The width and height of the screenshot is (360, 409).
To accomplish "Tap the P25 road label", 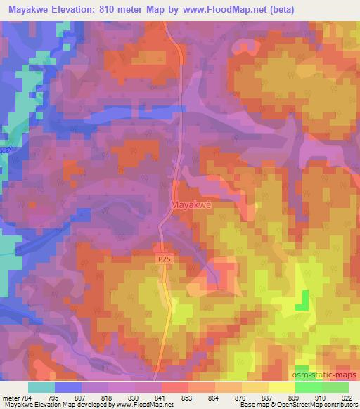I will [x=163, y=259].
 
